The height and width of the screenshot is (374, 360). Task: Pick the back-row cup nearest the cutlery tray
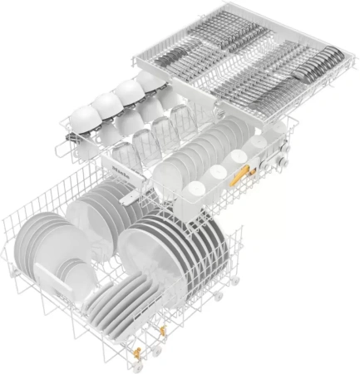point(150,81)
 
